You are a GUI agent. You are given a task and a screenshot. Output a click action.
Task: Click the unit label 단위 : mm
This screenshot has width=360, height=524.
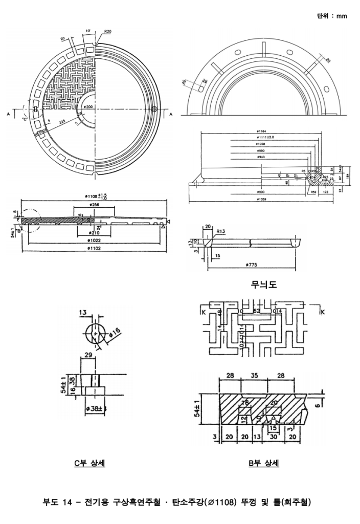[332, 16]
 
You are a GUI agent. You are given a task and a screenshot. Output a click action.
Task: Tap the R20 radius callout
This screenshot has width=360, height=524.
[108, 31]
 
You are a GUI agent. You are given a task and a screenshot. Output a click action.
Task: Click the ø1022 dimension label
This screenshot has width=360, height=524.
[93, 240]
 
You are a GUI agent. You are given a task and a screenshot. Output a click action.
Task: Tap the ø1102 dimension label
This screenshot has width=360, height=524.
[93, 248]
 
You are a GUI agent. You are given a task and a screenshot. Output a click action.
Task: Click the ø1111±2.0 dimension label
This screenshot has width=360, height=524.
[266, 138]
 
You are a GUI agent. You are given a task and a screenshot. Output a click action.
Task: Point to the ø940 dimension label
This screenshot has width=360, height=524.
[261, 158]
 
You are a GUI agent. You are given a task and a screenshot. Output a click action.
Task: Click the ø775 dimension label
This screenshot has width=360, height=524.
[251, 265]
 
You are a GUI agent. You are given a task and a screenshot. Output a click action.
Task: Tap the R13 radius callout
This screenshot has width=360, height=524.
[220, 231]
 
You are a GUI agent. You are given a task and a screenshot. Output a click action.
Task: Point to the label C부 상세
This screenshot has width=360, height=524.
[90, 463]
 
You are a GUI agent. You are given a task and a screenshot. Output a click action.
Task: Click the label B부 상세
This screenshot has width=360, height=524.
[264, 463]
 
